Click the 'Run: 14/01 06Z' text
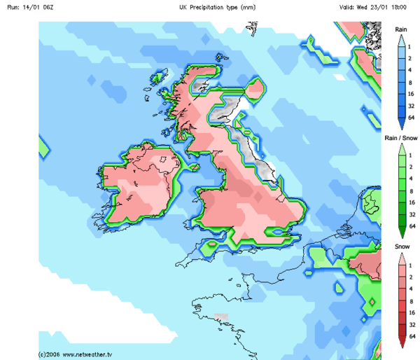tap(29, 6)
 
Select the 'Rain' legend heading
tap(401, 29)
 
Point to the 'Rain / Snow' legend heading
tap(400, 139)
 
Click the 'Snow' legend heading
tap(401, 247)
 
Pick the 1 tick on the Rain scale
tap(411, 46)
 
